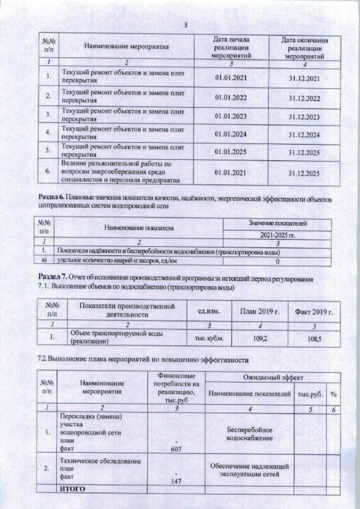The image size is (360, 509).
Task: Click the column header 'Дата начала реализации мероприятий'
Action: [x=231, y=47]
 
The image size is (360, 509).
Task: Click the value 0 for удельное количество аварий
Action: [x=278, y=262]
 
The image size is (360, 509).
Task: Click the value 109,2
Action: [x=259, y=340]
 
